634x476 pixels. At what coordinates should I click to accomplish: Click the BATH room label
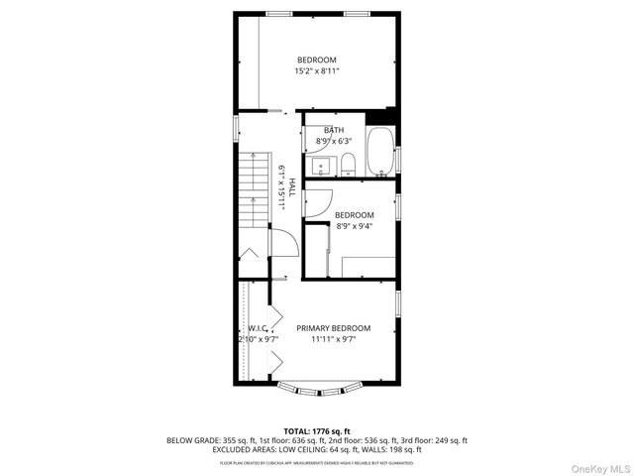coord(334,131)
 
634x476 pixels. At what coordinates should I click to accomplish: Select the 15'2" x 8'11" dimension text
coord(317,71)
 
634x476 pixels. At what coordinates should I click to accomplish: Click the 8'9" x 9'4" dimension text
coord(354,226)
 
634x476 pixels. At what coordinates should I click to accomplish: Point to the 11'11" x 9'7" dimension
coord(333,339)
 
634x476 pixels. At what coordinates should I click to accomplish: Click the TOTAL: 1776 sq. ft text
coord(316,430)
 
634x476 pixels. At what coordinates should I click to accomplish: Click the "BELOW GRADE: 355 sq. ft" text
coord(204,440)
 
